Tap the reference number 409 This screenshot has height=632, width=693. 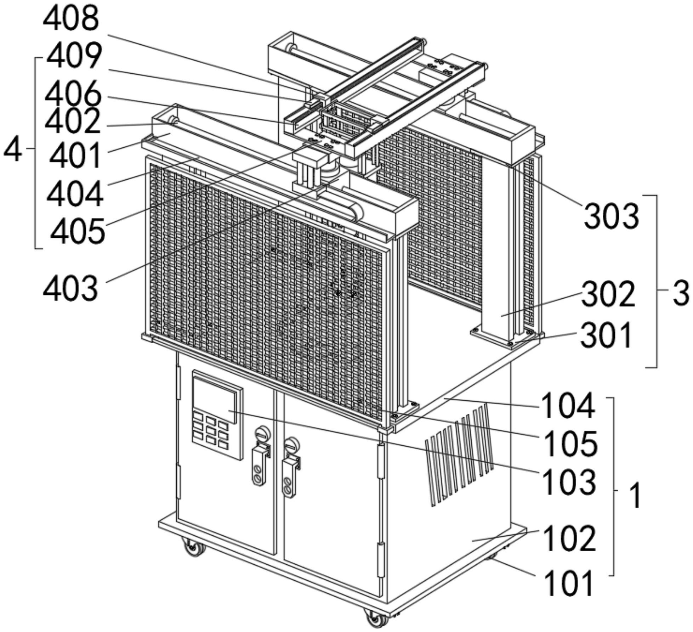point(74,56)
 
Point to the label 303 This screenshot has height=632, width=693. point(612,216)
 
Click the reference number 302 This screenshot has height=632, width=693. point(608,294)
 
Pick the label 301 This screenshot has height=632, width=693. point(606,335)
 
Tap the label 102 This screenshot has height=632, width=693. point(569,539)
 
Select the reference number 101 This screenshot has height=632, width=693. point(568,583)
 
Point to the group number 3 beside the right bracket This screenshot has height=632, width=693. point(680,293)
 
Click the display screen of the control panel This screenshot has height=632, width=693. point(215,400)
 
